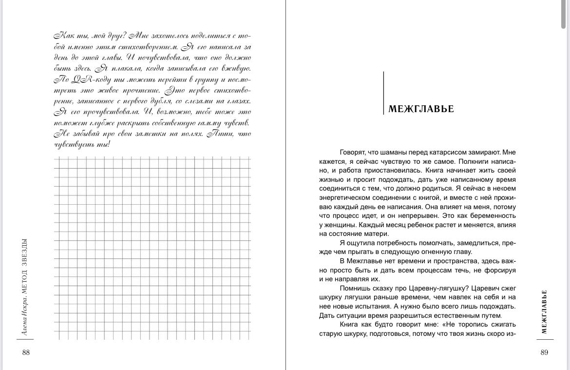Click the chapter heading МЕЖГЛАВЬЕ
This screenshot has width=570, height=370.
point(421,109)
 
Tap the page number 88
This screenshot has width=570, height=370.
point(26,353)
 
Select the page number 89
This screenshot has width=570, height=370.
point(544,353)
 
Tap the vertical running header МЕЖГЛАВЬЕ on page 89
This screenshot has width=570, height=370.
point(544,312)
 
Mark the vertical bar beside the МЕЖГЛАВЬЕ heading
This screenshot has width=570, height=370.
point(384,93)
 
